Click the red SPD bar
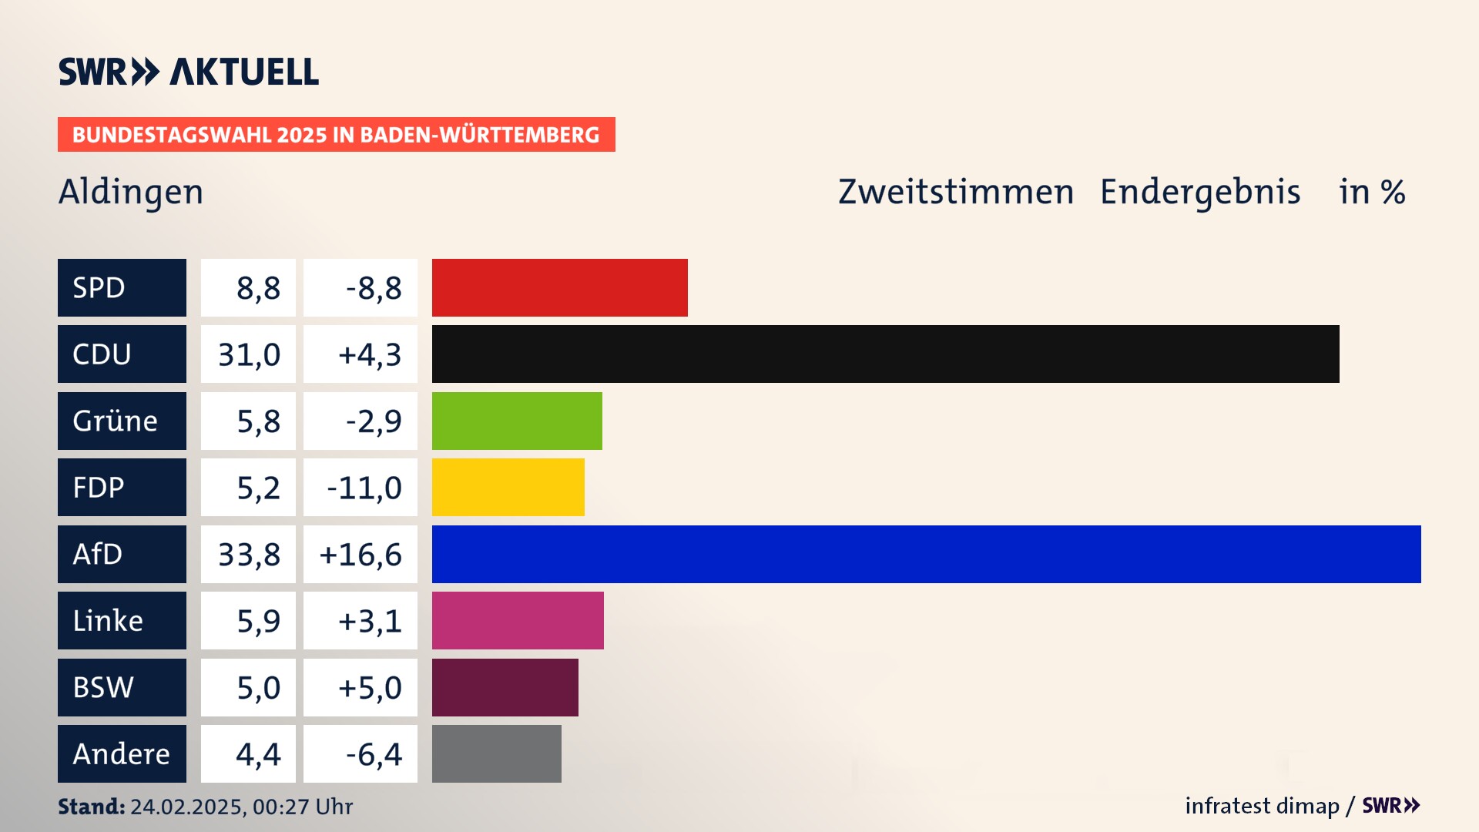coord(559,287)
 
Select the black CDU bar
coord(885,354)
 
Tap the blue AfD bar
coord(926,554)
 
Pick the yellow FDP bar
coord(508,487)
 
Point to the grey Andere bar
coord(496,753)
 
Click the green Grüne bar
coord(517,421)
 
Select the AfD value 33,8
coord(249,554)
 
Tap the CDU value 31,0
coord(249,354)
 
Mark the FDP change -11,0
coord(364,487)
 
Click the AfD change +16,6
coord(361,554)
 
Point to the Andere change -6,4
coord(374,753)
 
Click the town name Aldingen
coord(131,192)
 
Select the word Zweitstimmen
coord(955,192)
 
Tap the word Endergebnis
coord(1199,192)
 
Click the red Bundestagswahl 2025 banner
coord(336,135)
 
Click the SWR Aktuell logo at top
coord(189,72)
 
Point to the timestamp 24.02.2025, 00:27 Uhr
coord(241,807)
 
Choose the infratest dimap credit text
coord(1262,806)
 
